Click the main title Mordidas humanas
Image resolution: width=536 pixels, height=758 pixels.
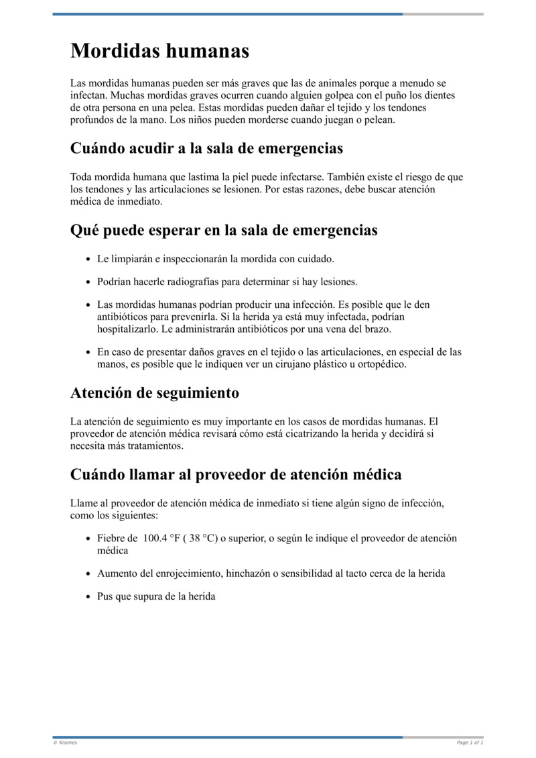click(159, 51)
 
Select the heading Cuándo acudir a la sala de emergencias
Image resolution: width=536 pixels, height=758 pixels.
click(206, 148)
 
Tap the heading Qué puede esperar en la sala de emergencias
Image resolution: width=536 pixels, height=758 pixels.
click(224, 230)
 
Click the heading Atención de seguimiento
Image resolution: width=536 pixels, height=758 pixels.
click(154, 392)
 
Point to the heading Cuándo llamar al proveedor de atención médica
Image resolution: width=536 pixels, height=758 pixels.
click(236, 475)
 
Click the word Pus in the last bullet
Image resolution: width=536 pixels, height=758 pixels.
click(105, 596)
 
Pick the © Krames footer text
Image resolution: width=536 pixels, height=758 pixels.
click(65, 743)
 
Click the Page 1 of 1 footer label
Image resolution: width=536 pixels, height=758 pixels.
click(470, 743)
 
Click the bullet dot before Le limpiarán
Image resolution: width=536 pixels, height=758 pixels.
click(89, 259)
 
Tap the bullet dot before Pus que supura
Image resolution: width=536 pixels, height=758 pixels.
click(89, 597)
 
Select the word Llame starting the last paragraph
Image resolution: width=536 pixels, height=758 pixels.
click(84, 503)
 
